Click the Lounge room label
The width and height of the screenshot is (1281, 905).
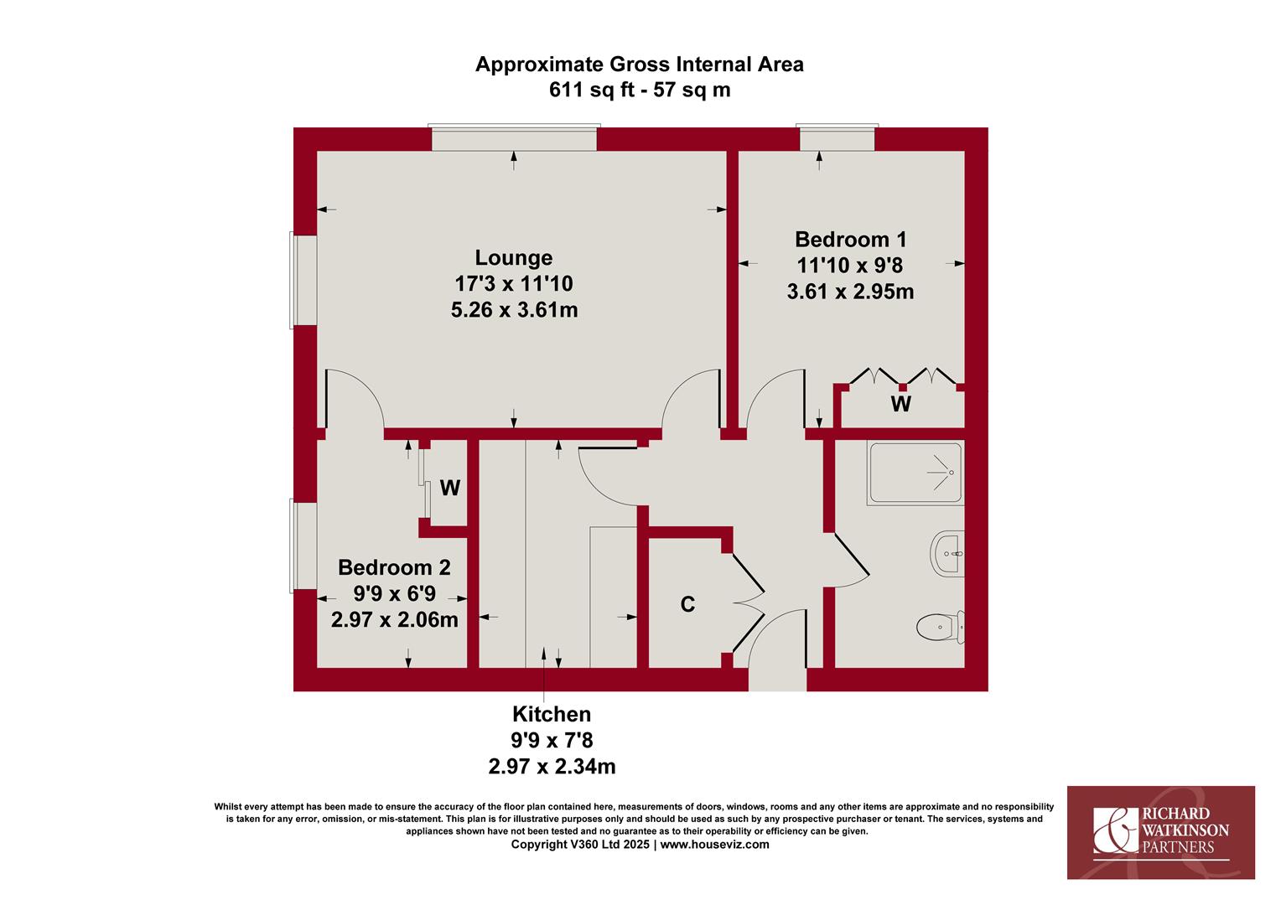[x=514, y=257]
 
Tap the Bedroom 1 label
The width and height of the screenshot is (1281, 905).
[x=850, y=239]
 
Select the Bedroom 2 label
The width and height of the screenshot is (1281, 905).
[x=394, y=567]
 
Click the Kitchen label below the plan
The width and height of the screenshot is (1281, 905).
[x=552, y=714]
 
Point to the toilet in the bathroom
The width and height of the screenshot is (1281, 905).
[x=940, y=627]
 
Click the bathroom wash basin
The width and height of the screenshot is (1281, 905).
[x=947, y=553]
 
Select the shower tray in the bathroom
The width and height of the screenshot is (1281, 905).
[x=915, y=473]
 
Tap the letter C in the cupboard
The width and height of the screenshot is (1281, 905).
[x=687, y=604]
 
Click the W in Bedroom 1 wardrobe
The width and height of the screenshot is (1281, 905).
[x=900, y=404]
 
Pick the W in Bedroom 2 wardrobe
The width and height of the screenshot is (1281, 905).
[x=450, y=488]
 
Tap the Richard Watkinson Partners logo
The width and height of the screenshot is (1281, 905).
[x=1161, y=832]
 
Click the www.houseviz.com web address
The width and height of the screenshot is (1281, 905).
[x=715, y=845]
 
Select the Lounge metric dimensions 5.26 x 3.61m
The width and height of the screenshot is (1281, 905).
[x=514, y=310]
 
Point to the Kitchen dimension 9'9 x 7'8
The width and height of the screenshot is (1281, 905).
[x=552, y=741]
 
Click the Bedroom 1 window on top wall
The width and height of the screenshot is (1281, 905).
[x=838, y=137]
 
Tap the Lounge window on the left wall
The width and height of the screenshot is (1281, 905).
[x=303, y=280]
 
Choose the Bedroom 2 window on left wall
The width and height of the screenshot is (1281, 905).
[x=303, y=546]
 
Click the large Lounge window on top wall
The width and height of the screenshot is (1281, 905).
[x=514, y=137]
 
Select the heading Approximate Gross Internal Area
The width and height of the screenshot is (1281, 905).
[x=640, y=65]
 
